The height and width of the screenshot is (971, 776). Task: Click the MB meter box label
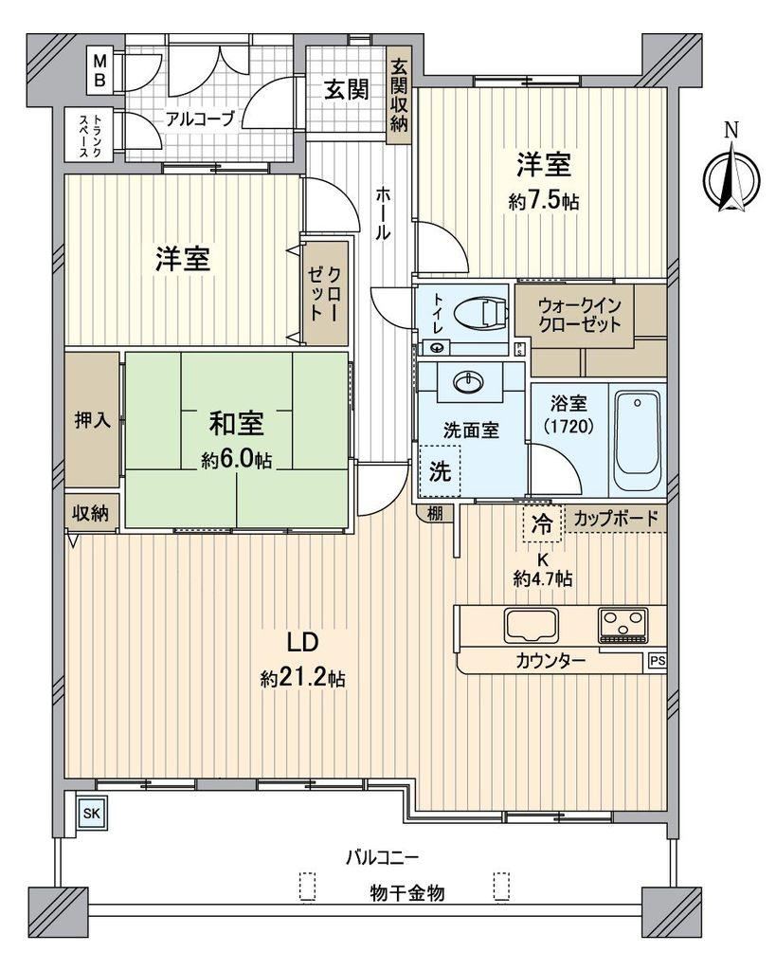click(99, 70)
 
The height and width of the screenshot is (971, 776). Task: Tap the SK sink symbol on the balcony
click(92, 813)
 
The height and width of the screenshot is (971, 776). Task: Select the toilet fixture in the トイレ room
click(480, 311)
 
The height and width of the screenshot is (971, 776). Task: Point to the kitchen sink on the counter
click(531, 625)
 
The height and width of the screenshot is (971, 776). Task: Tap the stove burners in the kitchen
click(623, 624)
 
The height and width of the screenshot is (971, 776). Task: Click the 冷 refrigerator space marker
click(543, 523)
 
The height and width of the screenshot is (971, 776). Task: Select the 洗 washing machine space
click(440, 472)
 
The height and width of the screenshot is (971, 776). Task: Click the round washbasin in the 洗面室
click(470, 381)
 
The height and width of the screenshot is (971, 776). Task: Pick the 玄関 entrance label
click(347, 90)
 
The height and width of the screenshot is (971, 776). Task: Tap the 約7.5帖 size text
click(544, 202)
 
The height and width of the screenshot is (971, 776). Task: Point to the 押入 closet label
click(93, 421)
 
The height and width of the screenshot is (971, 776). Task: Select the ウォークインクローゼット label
click(579, 315)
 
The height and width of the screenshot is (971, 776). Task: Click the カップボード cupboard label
click(616, 518)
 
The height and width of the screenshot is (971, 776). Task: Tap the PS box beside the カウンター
click(658, 661)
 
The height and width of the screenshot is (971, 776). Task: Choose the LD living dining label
click(302, 642)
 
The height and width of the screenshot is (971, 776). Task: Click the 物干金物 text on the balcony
click(407, 893)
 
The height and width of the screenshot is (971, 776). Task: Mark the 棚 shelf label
click(436, 514)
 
